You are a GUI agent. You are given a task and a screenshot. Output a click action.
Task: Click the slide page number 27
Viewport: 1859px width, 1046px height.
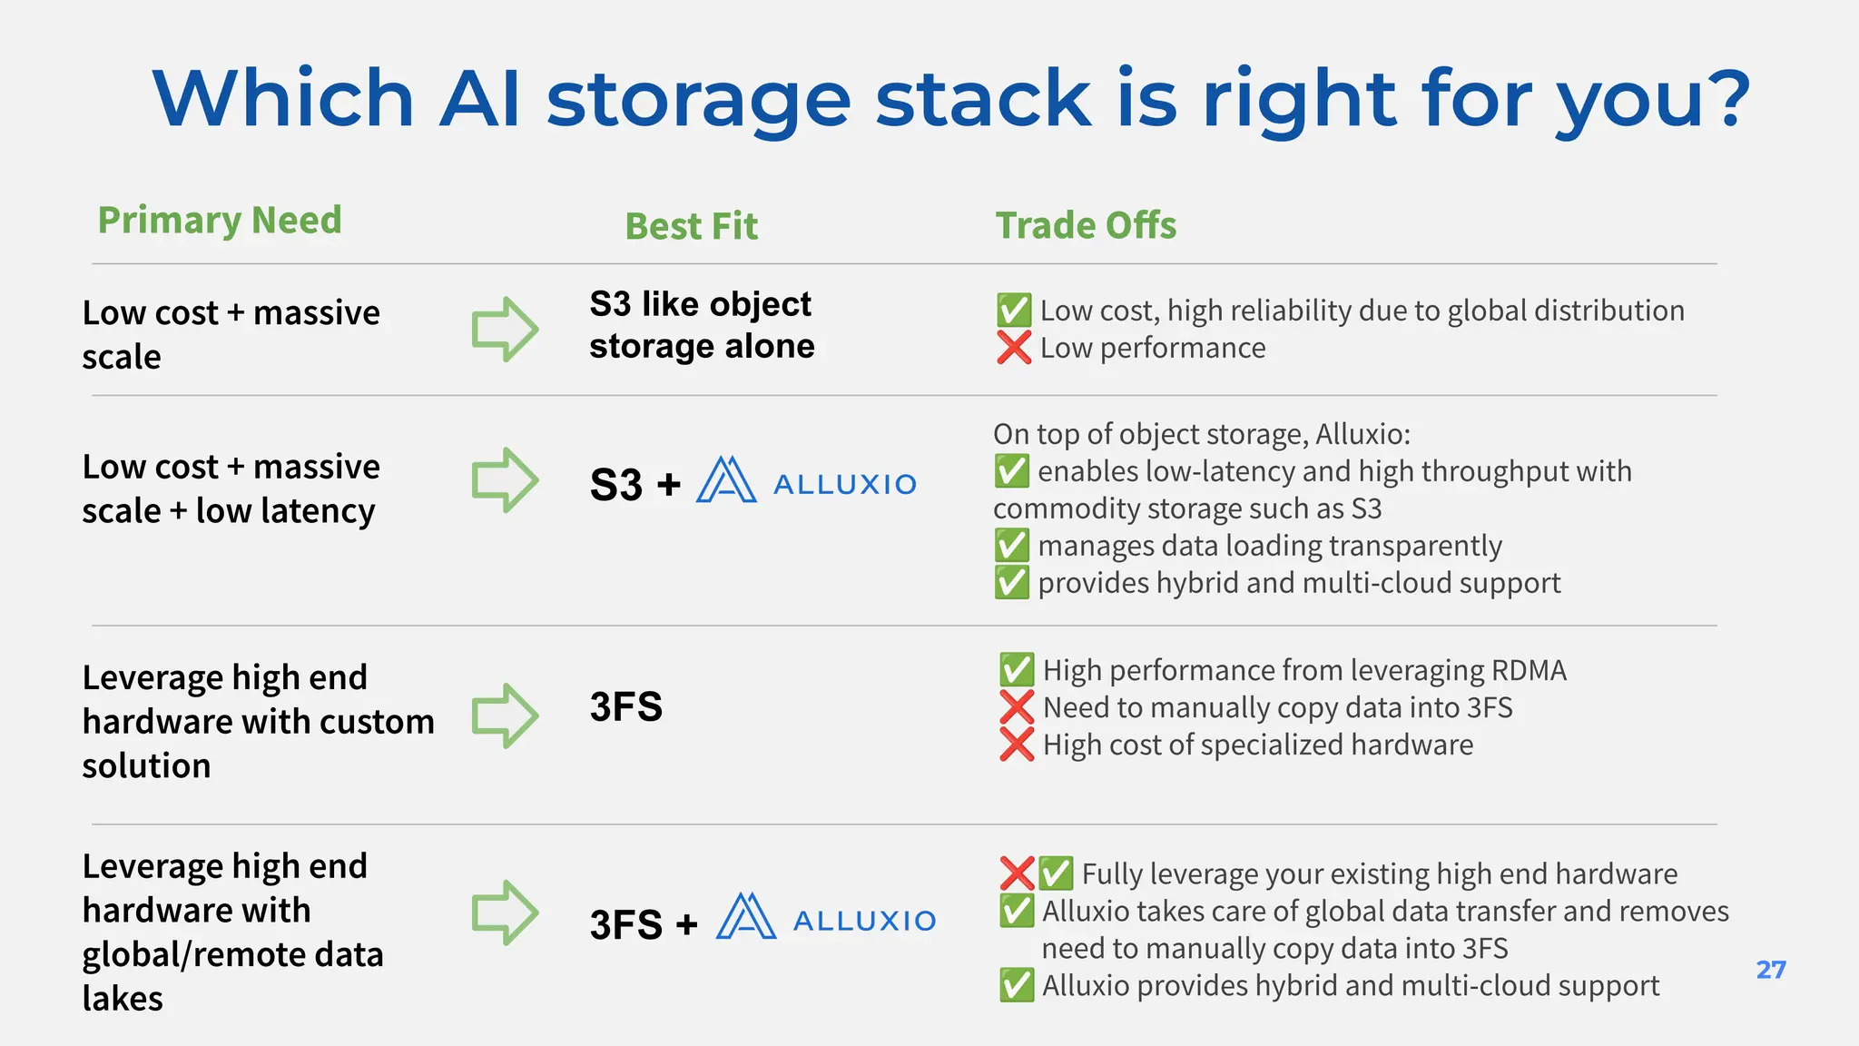pos(1771,970)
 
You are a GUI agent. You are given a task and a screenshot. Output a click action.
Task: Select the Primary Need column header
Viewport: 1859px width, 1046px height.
pos(220,221)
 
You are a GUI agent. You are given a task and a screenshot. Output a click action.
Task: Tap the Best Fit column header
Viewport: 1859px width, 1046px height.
pos(691,226)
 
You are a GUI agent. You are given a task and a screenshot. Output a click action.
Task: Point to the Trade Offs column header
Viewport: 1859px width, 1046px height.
pos(1086,225)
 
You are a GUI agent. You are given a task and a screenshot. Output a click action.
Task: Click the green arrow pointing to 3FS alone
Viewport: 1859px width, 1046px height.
pos(505,715)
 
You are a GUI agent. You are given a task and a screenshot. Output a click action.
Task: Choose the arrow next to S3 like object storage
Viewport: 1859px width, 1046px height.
pos(505,329)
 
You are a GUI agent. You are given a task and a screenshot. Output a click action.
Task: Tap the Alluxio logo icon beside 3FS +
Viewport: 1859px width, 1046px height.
pos(746,916)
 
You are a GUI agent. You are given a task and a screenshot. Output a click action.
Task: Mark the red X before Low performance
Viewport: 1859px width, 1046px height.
pos(1014,347)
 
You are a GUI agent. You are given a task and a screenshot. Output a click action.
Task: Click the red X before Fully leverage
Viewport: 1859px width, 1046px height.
pos(1017,873)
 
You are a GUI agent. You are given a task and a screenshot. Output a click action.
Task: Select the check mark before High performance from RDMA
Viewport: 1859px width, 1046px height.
pos(1017,670)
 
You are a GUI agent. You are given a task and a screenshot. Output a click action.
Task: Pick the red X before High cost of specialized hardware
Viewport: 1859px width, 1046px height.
pos(1017,745)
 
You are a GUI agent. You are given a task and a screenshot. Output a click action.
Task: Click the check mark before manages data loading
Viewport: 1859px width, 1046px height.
pos(1012,546)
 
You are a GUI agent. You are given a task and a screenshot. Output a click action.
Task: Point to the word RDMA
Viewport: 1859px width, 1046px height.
pos(1526,670)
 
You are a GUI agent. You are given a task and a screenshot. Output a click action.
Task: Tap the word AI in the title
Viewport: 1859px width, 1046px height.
pos(479,98)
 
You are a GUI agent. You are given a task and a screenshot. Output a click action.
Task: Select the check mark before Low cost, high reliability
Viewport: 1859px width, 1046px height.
pos(1014,311)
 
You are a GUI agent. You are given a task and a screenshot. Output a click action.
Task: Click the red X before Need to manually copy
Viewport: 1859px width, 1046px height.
pos(1017,707)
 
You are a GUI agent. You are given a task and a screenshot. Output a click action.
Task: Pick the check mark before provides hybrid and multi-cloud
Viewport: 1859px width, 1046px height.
pos(1012,583)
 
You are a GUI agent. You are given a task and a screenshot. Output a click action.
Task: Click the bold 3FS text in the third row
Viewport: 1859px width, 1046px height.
pos(625,706)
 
